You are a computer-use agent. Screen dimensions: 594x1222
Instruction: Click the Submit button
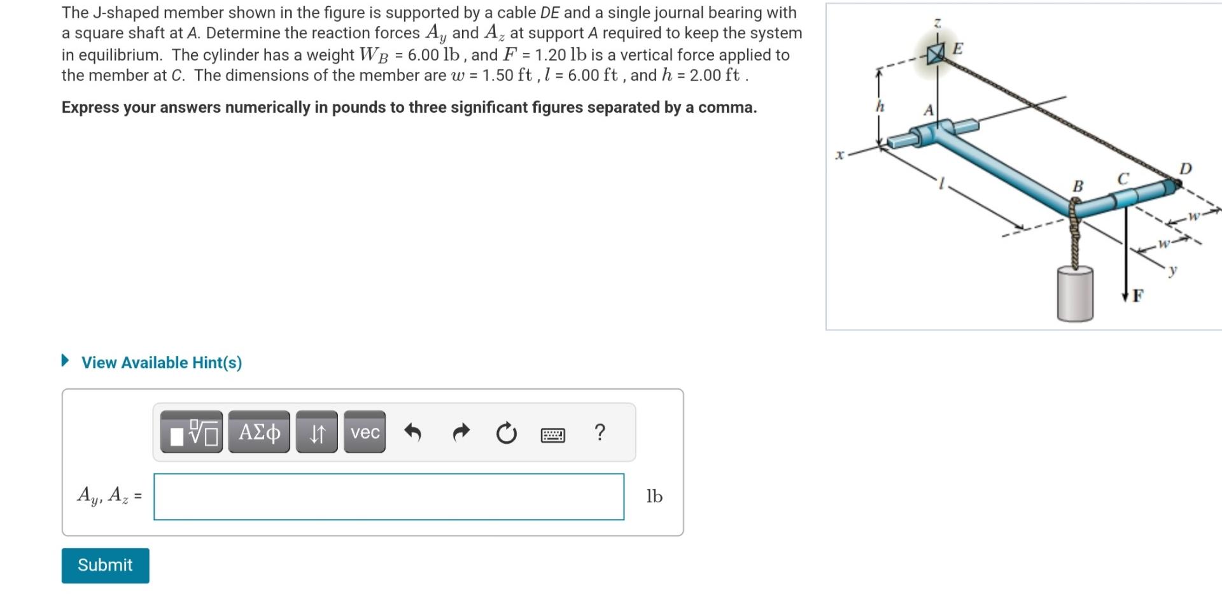click(x=105, y=565)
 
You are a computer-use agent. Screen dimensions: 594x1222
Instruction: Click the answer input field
click(x=388, y=497)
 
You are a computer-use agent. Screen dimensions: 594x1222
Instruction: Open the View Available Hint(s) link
click(x=161, y=362)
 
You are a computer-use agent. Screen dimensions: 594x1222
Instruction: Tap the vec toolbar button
click(x=365, y=432)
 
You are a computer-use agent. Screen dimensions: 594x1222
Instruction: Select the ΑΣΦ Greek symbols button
click(x=259, y=432)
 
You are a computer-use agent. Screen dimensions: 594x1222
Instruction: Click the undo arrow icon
click(x=413, y=433)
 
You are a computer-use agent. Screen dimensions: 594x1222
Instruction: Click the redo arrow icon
click(x=460, y=433)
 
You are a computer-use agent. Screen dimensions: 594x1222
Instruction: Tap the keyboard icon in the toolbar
click(x=552, y=435)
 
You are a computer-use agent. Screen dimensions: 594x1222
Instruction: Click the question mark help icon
click(x=600, y=432)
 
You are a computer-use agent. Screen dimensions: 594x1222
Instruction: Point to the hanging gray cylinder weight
click(x=1075, y=293)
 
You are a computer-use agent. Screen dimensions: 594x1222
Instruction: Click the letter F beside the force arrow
click(x=1138, y=295)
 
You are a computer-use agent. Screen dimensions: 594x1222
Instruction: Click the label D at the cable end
click(x=1185, y=169)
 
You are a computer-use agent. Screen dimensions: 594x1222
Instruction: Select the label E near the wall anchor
click(x=958, y=49)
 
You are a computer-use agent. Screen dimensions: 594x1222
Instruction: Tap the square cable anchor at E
click(x=936, y=55)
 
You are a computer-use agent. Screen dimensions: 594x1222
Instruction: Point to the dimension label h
click(x=880, y=106)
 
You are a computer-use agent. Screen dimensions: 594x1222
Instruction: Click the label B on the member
click(x=1078, y=186)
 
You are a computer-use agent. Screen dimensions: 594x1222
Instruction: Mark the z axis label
click(x=937, y=23)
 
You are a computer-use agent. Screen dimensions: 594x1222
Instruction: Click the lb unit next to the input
click(x=654, y=497)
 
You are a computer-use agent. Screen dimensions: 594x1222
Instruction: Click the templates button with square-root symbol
click(x=192, y=432)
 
